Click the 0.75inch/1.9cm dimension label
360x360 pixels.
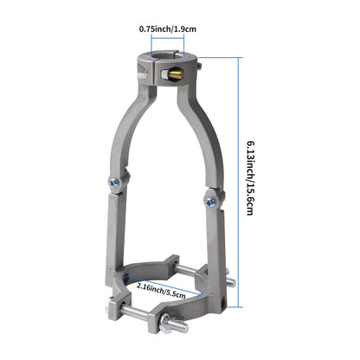[168, 29]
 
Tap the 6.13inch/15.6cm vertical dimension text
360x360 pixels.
[250, 178]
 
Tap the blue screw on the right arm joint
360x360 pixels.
[209, 201]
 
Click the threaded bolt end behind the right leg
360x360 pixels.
[229, 280]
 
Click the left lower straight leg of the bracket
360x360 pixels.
[116, 238]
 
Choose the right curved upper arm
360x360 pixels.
[200, 138]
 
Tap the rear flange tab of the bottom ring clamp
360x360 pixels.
[174, 261]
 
